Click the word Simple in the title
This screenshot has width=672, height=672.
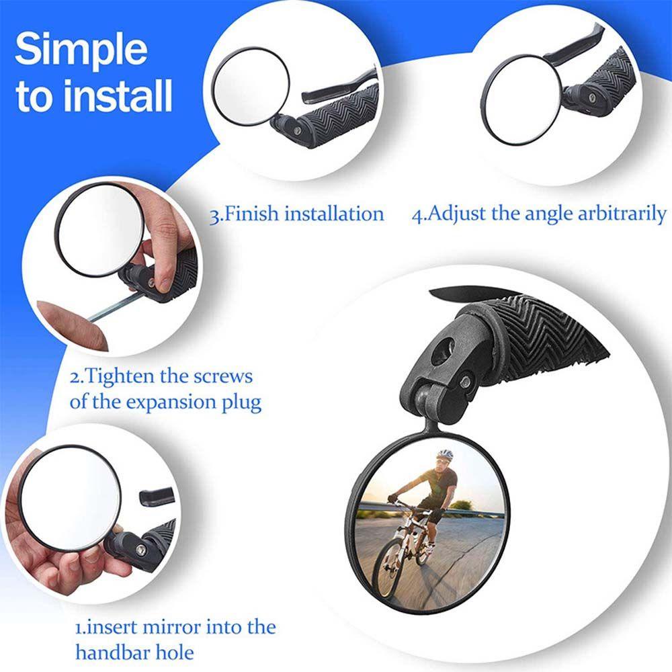[81, 50]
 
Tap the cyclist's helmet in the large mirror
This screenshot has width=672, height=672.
[445, 456]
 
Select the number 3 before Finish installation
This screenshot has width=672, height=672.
[214, 215]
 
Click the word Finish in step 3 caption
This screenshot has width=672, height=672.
[252, 214]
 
